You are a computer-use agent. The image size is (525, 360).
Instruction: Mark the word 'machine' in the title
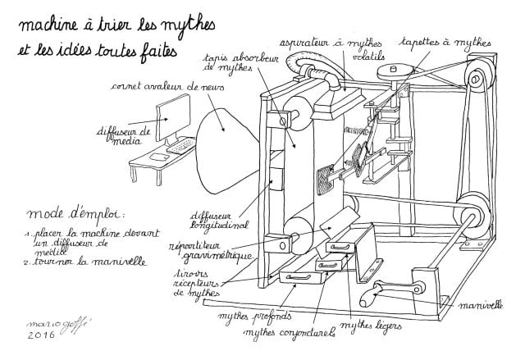tap(52, 24)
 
